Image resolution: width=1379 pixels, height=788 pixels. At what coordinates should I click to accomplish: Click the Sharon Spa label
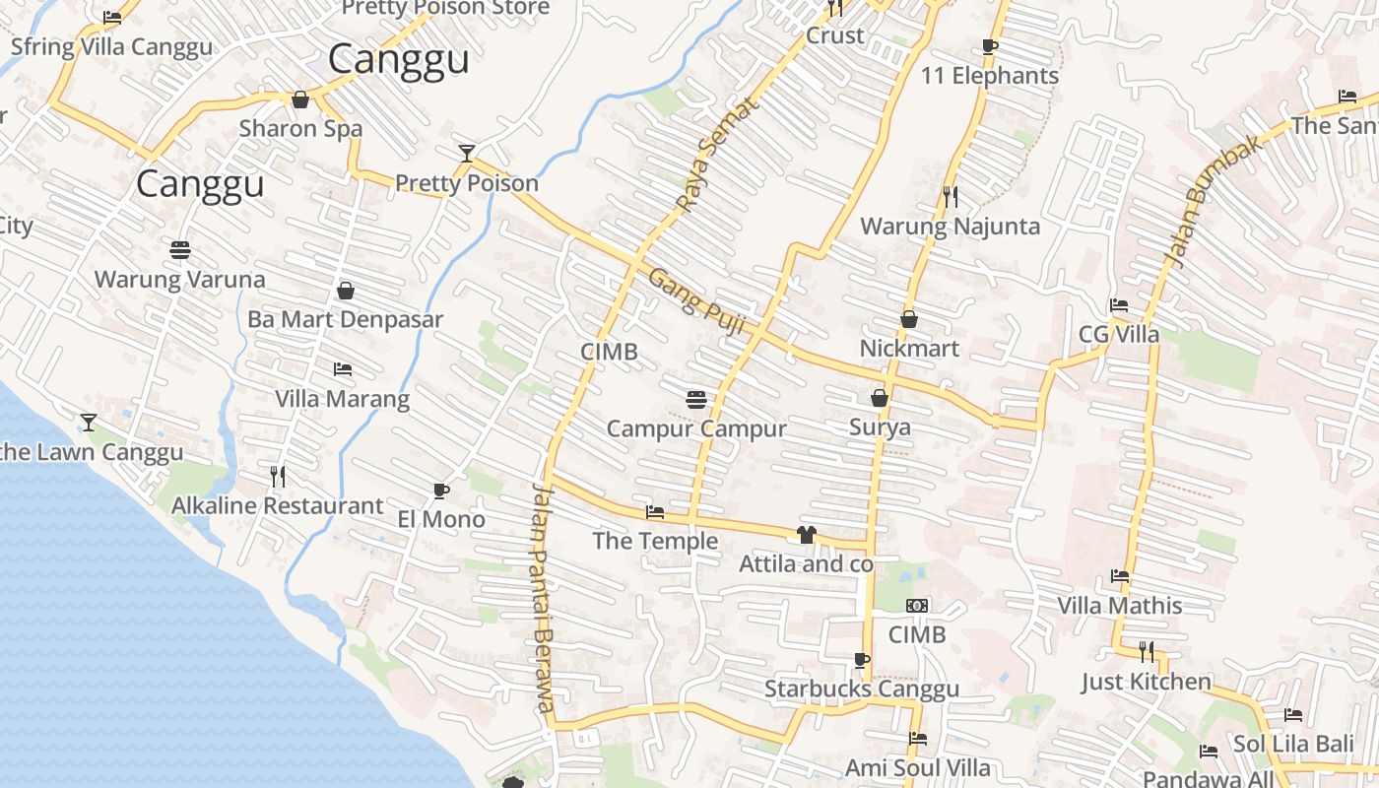point(300,128)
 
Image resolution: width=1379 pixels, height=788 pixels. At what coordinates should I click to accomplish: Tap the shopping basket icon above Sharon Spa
point(300,99)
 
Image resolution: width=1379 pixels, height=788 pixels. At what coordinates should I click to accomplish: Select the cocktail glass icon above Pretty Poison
point(467,154)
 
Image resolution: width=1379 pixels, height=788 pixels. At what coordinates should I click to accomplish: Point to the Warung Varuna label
point(179,279)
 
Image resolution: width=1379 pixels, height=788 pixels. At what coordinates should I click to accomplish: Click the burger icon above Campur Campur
point(696,399)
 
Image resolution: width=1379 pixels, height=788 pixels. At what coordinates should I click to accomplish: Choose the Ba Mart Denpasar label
point(345,319)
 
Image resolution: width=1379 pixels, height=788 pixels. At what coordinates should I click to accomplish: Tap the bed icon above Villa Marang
point(343,369)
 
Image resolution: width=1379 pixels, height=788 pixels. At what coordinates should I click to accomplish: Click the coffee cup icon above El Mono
point(441,491)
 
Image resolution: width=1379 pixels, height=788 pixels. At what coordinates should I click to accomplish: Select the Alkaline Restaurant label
point(278,505)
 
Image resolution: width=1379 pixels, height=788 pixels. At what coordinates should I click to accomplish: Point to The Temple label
point(655,541)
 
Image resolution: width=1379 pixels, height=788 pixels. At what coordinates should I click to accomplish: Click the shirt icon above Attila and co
point(807,535)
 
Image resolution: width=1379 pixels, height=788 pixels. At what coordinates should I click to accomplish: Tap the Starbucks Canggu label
point(862,689)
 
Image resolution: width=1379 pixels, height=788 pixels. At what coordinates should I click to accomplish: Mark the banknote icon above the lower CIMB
point(917,606)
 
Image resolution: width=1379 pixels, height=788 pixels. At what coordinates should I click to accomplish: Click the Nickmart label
point(909,348)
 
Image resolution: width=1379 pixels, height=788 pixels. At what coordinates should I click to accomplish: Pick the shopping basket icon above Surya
point(880,398)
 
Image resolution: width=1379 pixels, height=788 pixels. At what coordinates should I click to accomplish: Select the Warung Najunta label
point(950,226)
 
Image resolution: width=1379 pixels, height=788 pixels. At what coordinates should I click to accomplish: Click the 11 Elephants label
point(990,75)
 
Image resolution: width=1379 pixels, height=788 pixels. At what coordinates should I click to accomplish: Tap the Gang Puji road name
point(695,300)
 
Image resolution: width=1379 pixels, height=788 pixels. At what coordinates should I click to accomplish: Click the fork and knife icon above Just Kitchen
point(1147,651)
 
